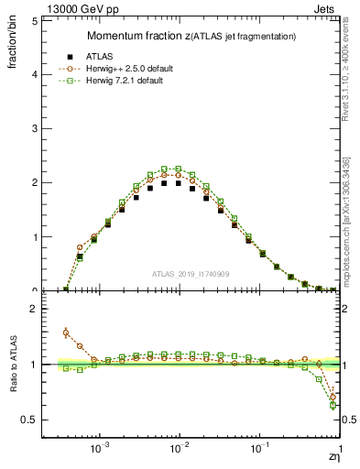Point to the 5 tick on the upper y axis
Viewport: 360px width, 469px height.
coord(33,19)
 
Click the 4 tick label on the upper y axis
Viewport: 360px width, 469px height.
coord(33,74)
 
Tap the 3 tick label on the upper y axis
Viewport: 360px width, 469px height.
coord(33,128)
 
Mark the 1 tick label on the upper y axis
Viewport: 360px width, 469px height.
coord(33,237)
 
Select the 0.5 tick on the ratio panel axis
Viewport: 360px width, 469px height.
coord(29,420)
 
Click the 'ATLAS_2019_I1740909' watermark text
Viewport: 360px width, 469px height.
coord(191,274)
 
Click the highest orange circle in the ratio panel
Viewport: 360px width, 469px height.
coord(66,333)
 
